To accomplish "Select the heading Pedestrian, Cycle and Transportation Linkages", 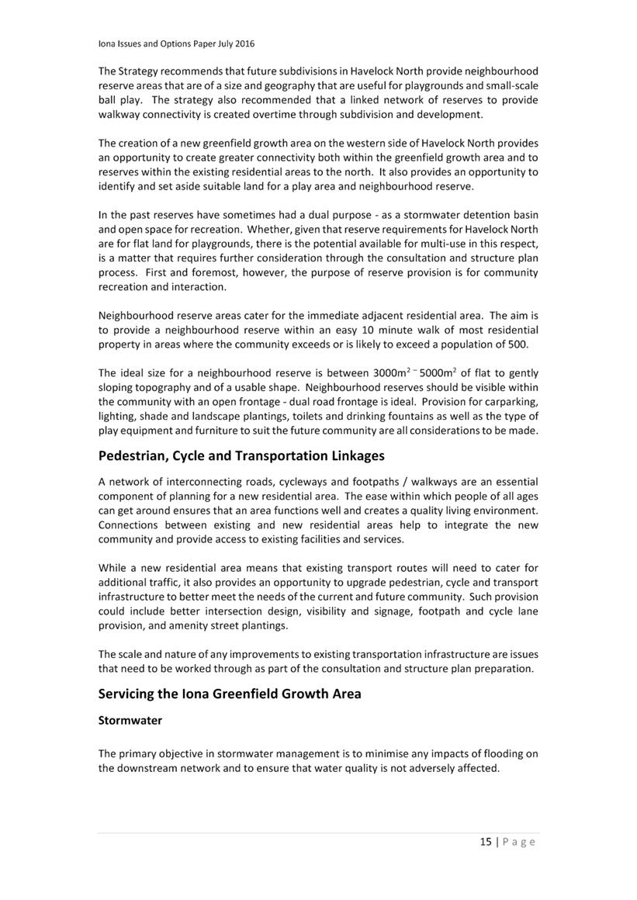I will (241, 455).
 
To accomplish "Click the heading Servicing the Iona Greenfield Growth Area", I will (230, 694).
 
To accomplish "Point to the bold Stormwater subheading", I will (130, 720).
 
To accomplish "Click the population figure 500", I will (518, 344).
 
